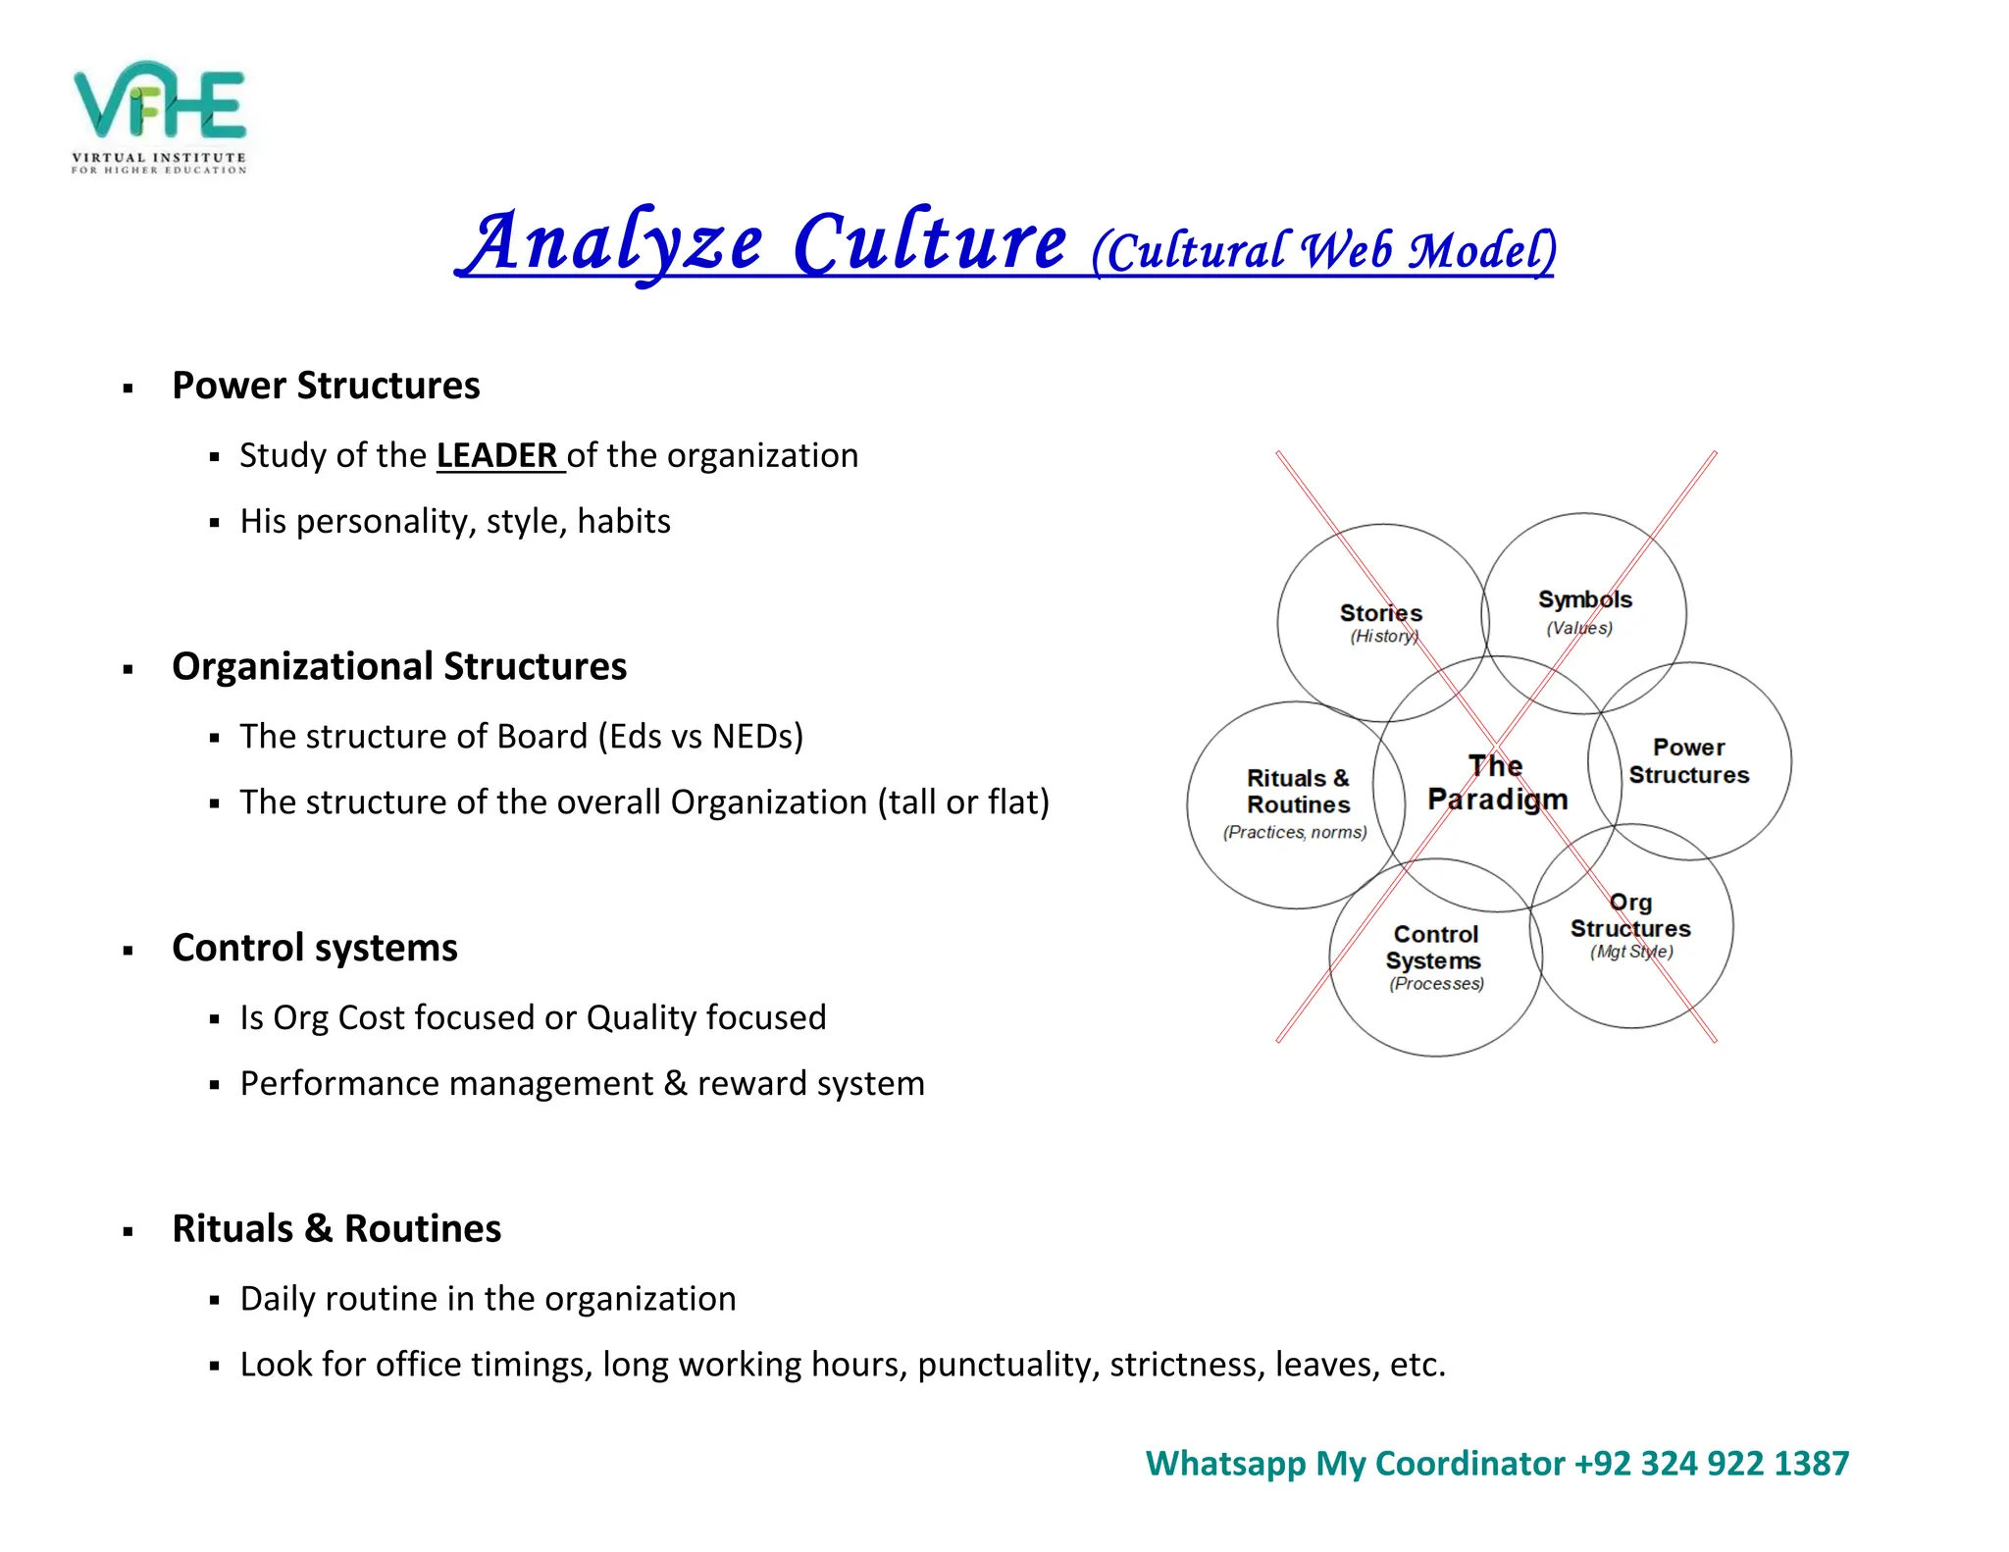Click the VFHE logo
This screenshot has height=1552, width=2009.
(159, 116)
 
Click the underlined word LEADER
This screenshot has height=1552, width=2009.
(498, 456)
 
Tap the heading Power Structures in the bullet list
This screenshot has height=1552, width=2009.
(326, 386)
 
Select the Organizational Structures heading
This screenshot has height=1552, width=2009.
(398, 667)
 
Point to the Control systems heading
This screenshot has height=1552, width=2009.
(314, 949)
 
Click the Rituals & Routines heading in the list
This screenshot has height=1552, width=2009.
(335, 1229)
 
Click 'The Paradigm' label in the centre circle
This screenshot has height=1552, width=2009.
(1497, 783)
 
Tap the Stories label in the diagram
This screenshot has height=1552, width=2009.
(1380, 613)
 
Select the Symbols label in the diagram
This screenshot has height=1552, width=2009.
(1584, 599)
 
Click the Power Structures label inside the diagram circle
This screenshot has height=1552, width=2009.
(1688, 761)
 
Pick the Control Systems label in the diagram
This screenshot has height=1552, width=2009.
(1434, 948)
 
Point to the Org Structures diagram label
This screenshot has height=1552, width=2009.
(1630, 915)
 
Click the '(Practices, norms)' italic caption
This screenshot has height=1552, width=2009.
(1294, 833)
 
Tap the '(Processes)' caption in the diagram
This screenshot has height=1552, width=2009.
(1436, 984)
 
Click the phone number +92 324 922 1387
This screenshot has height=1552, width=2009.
(1711, 1464)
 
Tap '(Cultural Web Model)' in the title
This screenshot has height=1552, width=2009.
(1322, 251)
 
